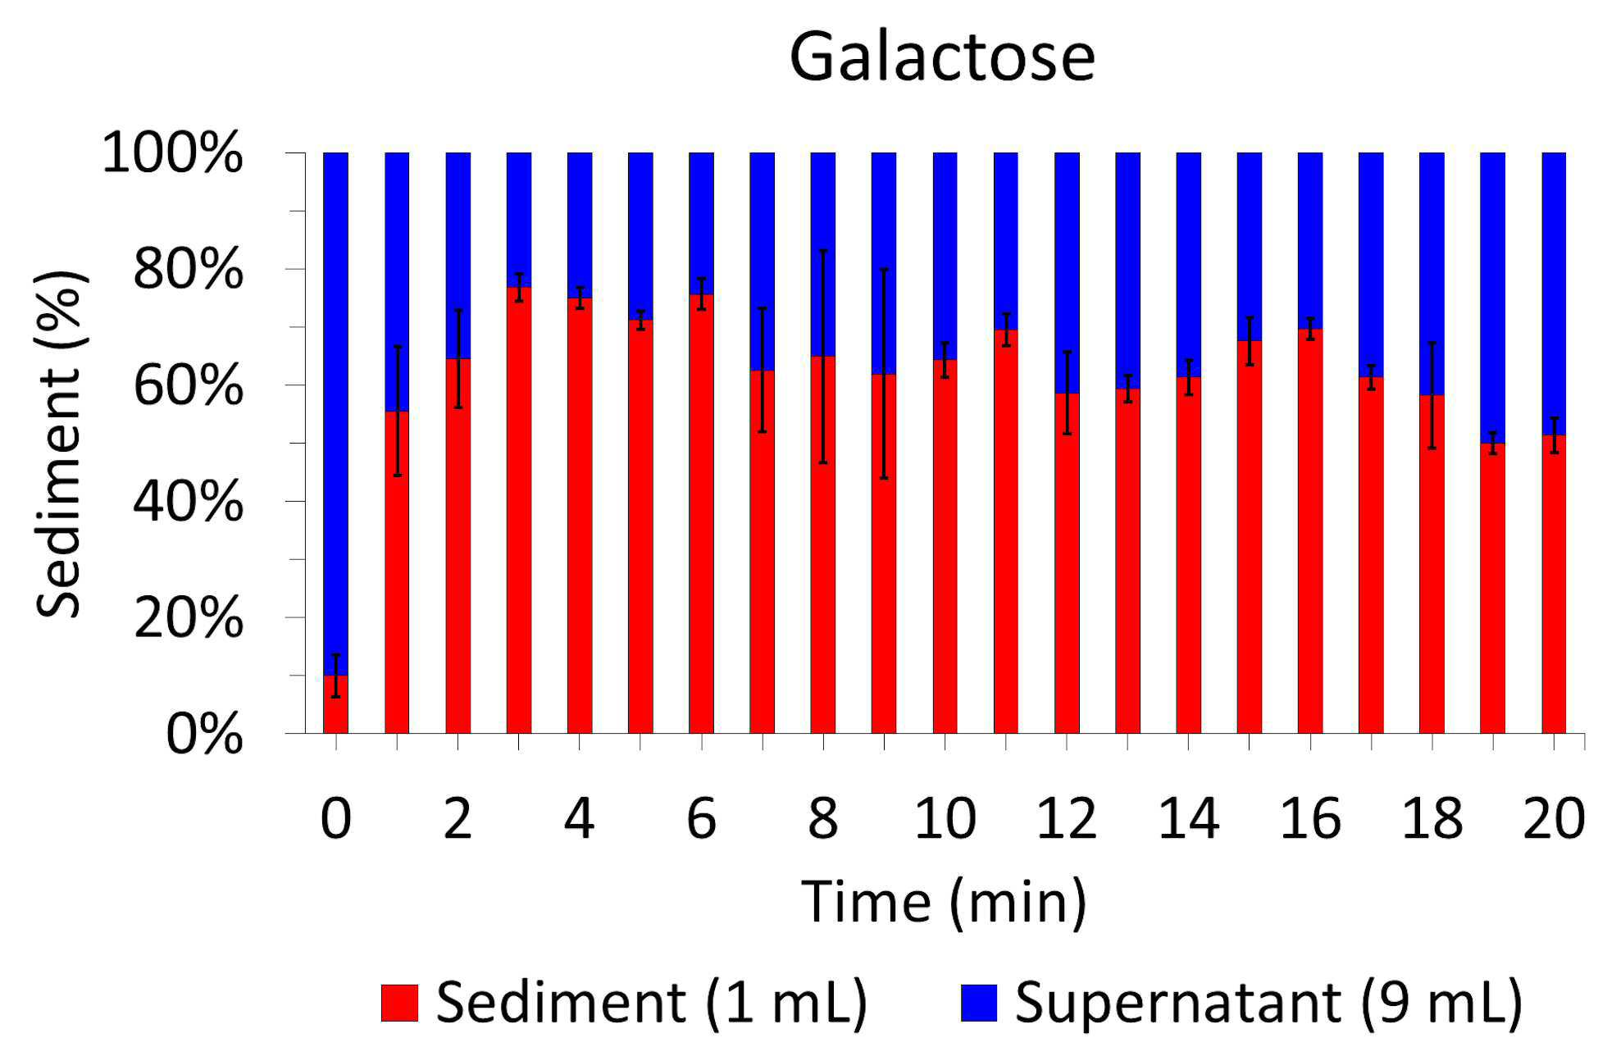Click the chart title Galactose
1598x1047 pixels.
pos(942,57)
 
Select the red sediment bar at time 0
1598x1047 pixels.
pos(336,703)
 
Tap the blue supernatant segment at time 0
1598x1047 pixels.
pos(336,413)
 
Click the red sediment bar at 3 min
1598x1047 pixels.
pos(519,510)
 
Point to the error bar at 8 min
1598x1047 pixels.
pos(823,357)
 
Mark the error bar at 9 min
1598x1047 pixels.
pos(884,374)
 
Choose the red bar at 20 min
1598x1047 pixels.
pos(1554,584)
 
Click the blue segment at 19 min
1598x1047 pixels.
pos(1493,298)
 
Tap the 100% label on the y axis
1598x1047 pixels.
pos(172,153)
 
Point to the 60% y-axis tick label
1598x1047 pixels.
pos(188,385)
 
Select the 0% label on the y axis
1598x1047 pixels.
pos(204,734)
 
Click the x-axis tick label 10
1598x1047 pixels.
pos(945,818)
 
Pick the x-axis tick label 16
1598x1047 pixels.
pos(1310,818)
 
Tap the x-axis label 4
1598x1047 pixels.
pos(579,818)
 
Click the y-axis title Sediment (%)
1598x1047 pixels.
pos(60,444)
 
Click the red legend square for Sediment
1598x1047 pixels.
pos(399,1003)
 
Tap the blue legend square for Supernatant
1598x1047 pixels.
pos(979,1003)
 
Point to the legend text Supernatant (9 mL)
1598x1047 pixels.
pos(1268,1003)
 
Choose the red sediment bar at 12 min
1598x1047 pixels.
pos(1067,563)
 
